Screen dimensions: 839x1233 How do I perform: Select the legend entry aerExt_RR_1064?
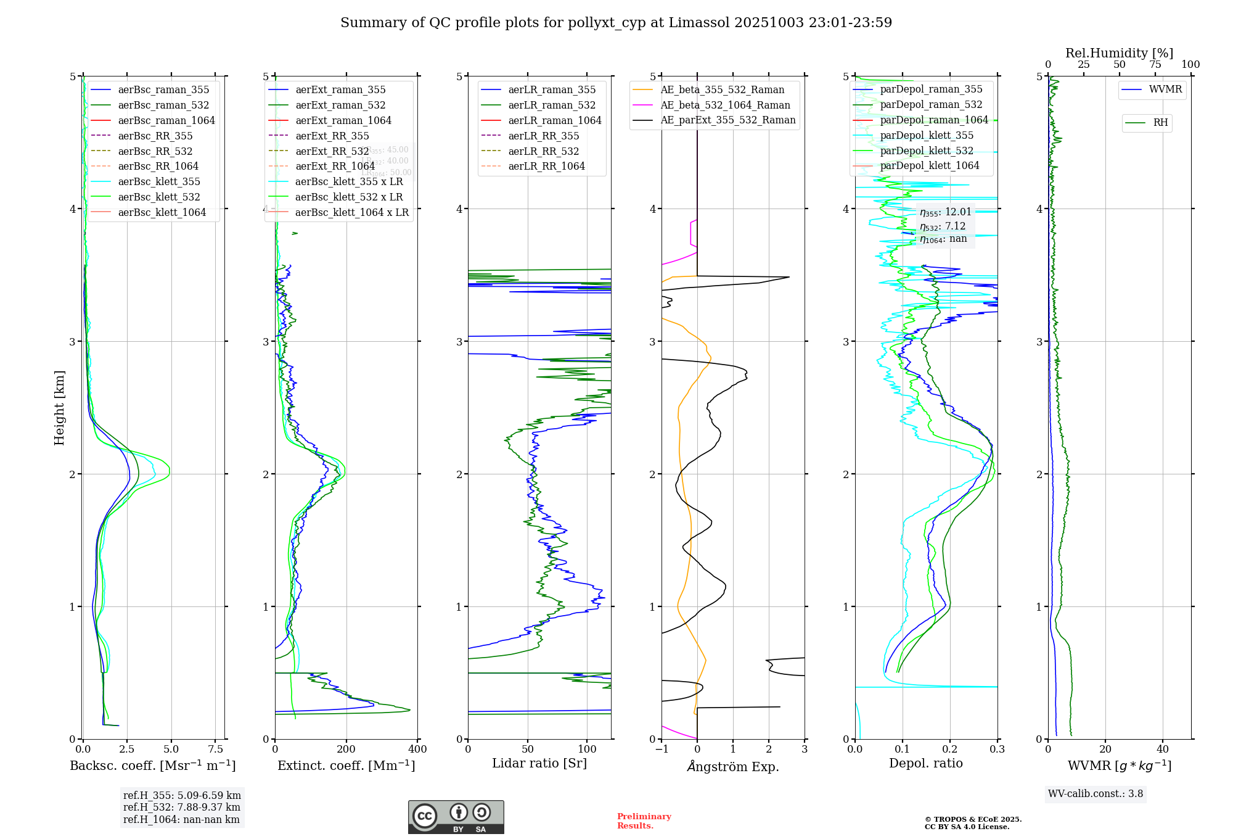pos(335,166)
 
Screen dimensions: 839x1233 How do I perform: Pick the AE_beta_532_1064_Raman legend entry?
pos(725,105)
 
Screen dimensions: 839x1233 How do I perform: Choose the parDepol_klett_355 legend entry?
pos(927,135)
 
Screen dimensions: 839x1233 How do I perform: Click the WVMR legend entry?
pos(1165,89)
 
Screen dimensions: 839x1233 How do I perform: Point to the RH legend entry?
pos(1160,123)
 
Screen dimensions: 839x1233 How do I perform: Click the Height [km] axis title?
pos(59,408)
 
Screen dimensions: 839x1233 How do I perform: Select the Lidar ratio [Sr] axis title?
pos(539,763)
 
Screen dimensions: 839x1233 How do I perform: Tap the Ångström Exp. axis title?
pos(733,766)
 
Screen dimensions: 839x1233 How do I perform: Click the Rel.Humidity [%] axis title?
pos(1119,53)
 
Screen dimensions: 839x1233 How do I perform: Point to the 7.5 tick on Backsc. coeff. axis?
pos(216,750)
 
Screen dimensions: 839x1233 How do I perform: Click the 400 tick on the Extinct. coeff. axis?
pos(418,750)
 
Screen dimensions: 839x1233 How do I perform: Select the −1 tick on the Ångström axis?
pos(662,750)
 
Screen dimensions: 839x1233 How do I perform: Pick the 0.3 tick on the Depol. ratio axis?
pos(997,750)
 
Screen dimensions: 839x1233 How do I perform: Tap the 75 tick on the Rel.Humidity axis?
pos(1155,65)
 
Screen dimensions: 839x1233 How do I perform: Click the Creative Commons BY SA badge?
pos(456,817)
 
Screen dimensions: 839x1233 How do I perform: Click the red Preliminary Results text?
pos(644,821)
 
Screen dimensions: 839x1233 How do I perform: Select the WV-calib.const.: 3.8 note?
pos(1096,794)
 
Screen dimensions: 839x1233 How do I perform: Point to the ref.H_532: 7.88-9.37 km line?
pos(181,807)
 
